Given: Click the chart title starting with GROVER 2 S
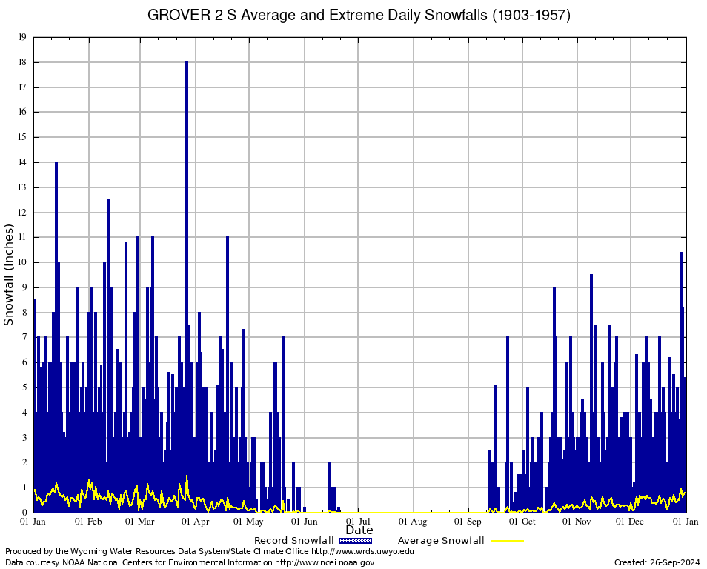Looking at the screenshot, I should coord(359,15).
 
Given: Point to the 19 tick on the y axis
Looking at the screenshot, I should coord(22,37).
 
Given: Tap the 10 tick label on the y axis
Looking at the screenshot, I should coord(22,262).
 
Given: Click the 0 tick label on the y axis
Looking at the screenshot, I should coord(24,513).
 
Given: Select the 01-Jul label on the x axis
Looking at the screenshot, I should coord(359,522).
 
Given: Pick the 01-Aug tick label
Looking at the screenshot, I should coord(414,522).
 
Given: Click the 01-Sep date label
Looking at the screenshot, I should coord(468,522).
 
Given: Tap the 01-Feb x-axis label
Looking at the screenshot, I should coord(88,522).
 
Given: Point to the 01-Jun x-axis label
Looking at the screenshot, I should coord(305,522).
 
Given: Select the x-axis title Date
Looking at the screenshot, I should coord(359,530).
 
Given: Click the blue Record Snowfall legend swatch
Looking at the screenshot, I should coord(356,541).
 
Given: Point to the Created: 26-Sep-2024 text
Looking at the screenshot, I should coord(657,562).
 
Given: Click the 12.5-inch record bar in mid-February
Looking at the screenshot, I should coord(108,296).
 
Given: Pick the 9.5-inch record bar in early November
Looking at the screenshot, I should coord(591,333).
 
